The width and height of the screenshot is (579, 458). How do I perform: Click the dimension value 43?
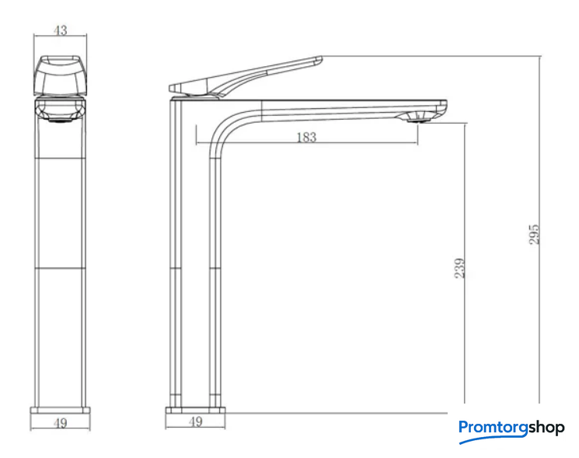click(60, 30)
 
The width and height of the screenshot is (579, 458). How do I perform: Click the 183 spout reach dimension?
click(306, 138)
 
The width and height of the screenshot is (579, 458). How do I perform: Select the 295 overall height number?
click(534, 234)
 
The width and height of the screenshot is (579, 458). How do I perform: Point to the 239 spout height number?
click(459, 268)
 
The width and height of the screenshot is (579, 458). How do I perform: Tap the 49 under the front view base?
click(60, 423)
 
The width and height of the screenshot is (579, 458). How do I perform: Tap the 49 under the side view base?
click(195, 421)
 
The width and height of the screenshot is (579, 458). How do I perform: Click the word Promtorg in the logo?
click(493, 428)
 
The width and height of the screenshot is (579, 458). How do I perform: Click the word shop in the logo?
click(546, 428)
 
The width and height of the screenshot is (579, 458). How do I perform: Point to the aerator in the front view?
click(60, 118)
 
